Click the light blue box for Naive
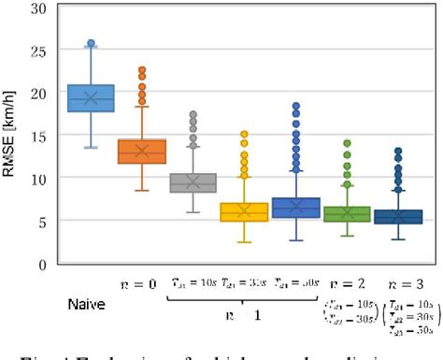[91, 98]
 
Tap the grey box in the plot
[193, 182]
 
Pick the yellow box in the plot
[244, 212]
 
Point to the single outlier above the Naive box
[91, 44]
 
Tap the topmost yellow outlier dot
[244, 135]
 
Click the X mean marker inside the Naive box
[91, 97]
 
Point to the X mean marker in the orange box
[142, 151]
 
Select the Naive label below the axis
[87, 305]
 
